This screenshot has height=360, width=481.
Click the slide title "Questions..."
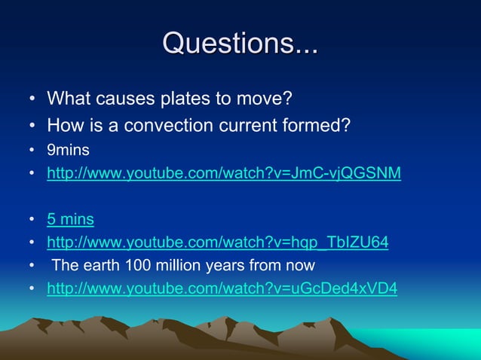[240, 43]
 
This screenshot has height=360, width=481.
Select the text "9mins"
[69, 151]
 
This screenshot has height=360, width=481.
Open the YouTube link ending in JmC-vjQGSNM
[224, 175]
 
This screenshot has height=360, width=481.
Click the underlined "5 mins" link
[70, 220]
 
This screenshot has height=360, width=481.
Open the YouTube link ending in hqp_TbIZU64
[218, 243]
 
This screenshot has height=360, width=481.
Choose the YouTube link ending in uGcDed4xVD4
[222, 288]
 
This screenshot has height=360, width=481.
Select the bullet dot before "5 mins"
[32, 221]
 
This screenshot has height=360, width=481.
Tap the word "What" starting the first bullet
[66, 99]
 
